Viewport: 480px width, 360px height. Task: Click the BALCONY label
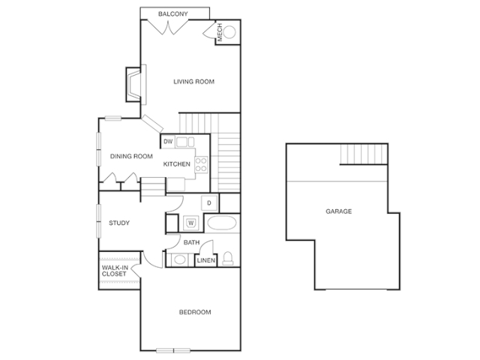[173, 13]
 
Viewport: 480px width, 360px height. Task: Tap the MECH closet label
[220, 32]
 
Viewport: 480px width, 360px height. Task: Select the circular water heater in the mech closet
[229, 32]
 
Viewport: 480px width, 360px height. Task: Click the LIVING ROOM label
[193, 82]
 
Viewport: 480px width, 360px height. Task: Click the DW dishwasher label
[168, 142]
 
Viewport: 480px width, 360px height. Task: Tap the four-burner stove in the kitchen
[201, 164]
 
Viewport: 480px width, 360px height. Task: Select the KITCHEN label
[177, 164]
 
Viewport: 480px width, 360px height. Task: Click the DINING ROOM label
[131, 157]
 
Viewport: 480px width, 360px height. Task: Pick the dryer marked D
[209, 202]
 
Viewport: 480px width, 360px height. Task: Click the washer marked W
[191, 223]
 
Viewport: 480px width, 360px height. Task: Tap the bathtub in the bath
[222, 223]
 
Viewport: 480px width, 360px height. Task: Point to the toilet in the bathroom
[228, 258]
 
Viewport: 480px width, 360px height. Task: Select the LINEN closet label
[205, 260]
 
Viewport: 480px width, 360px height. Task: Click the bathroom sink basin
[179, 260]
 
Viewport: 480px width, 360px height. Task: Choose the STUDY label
[119, 223]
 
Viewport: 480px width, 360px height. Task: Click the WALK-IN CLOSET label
[115, 271]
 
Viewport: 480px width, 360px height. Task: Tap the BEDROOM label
[195, 312]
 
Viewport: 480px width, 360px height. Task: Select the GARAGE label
[338, 211]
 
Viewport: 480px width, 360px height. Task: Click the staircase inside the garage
[364, 154]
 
